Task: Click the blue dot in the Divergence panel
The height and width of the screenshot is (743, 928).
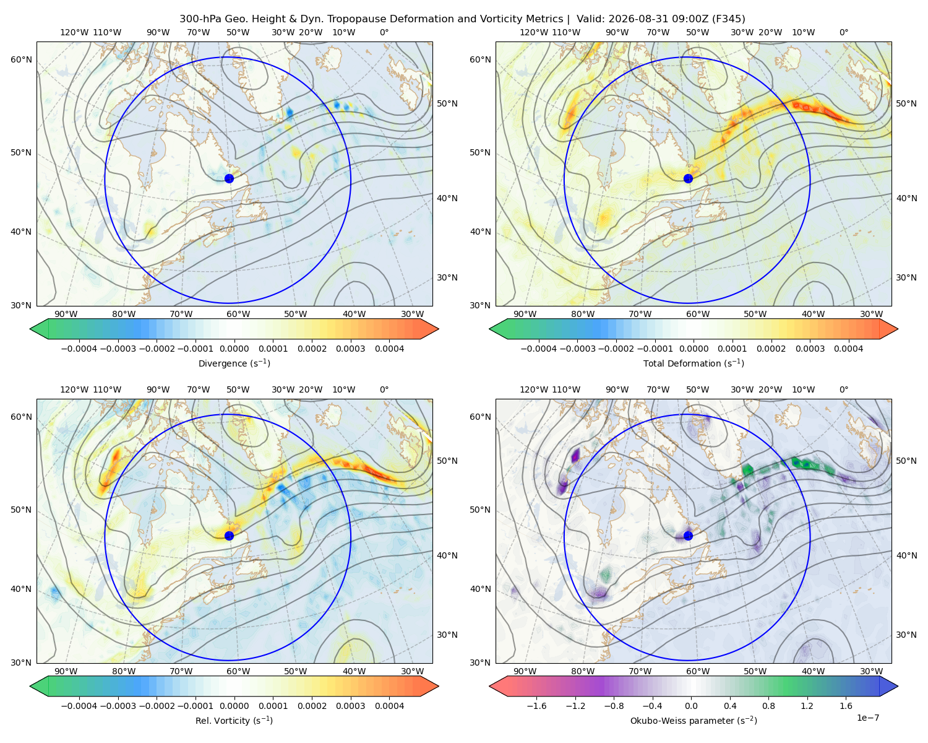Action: (229, 179)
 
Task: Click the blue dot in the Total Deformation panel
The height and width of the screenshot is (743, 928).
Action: (688, 179)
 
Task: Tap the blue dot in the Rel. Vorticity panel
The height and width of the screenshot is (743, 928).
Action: (229, 536)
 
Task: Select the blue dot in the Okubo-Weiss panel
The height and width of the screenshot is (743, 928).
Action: (688, 536)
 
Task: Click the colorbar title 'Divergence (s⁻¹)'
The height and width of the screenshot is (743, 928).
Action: (234, 363)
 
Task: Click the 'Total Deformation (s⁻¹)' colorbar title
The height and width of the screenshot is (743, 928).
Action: (694, 363)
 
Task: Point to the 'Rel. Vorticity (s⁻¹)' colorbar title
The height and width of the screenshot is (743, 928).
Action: (234, 721)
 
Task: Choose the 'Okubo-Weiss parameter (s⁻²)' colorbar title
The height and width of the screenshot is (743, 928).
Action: (694, 721)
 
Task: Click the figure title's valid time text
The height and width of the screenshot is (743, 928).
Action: (661, 19)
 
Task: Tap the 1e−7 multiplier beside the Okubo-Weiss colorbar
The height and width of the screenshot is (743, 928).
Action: (867, 718)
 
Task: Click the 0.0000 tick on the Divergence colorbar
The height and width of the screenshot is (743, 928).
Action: (234, 349)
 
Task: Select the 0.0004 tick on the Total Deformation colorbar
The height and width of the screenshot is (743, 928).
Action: (848, 349)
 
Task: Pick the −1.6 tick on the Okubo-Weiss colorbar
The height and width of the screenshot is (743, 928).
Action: (536, 706)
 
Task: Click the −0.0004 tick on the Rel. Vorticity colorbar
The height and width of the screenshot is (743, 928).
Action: (79, 706)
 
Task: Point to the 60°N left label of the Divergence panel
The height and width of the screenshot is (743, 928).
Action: (21, 59)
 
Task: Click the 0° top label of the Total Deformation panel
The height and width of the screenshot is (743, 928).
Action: (843, 32)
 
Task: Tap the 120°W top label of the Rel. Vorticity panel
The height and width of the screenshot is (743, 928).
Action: (74, 389)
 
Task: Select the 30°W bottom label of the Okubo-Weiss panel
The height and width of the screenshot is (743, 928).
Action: (872, 671)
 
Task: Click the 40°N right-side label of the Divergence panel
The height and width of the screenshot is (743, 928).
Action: (447, 198)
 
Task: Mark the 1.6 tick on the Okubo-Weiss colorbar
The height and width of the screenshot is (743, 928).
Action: (846, 706)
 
